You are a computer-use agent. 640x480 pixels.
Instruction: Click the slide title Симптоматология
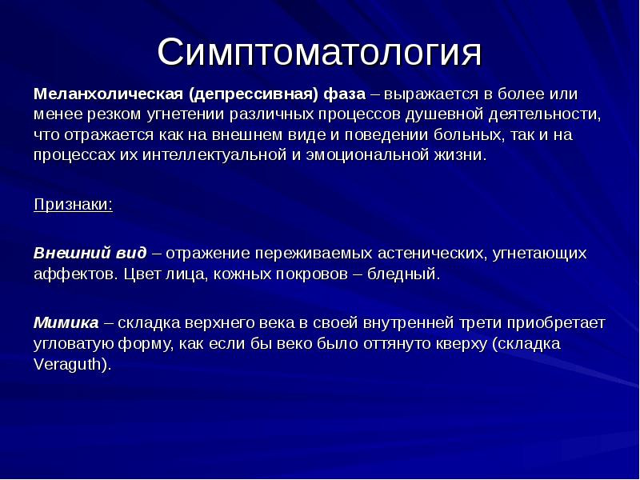pyautogui.click(x=319, y=53)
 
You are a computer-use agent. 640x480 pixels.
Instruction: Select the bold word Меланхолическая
pyautogui.click(x=108, y=94)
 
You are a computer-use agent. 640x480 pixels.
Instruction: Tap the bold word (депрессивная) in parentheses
pyautogui.click(x=253, y=94)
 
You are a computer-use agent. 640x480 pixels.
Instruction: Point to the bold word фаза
pyautogui.click(x=345, y=94)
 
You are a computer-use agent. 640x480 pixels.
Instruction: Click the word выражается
pyautogui.click(x=431, y=94)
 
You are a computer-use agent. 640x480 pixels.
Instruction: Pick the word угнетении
pyautogui.click(x=186, y=114)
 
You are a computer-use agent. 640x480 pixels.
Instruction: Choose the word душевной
pyautogui.click(x=444, y=114)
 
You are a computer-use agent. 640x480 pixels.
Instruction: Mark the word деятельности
pyautogui.click(x=545, y=114)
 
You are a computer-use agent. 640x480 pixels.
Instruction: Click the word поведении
pyautogui.click(x=386, y=135)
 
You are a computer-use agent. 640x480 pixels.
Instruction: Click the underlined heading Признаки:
pyautogui.click(x=73, y=205)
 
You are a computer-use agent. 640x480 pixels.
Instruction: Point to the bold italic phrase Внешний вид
pyautogui.click(x=90, y=253)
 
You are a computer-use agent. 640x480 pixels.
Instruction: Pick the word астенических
pyautogui.click(x=432, y=254)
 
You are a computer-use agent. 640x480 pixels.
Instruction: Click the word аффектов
pyautogui.click(x=76, y=274)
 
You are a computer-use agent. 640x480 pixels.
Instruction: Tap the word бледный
pyautogui.click(x=404, y=274)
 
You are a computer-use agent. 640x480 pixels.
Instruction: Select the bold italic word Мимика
pyautogui.click(x=66, y=323)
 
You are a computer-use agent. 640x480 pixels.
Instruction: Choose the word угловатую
pyautogui.click(x=74, y=344)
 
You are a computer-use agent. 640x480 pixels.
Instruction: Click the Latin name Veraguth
pyautogui.click(x=70, y=364)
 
